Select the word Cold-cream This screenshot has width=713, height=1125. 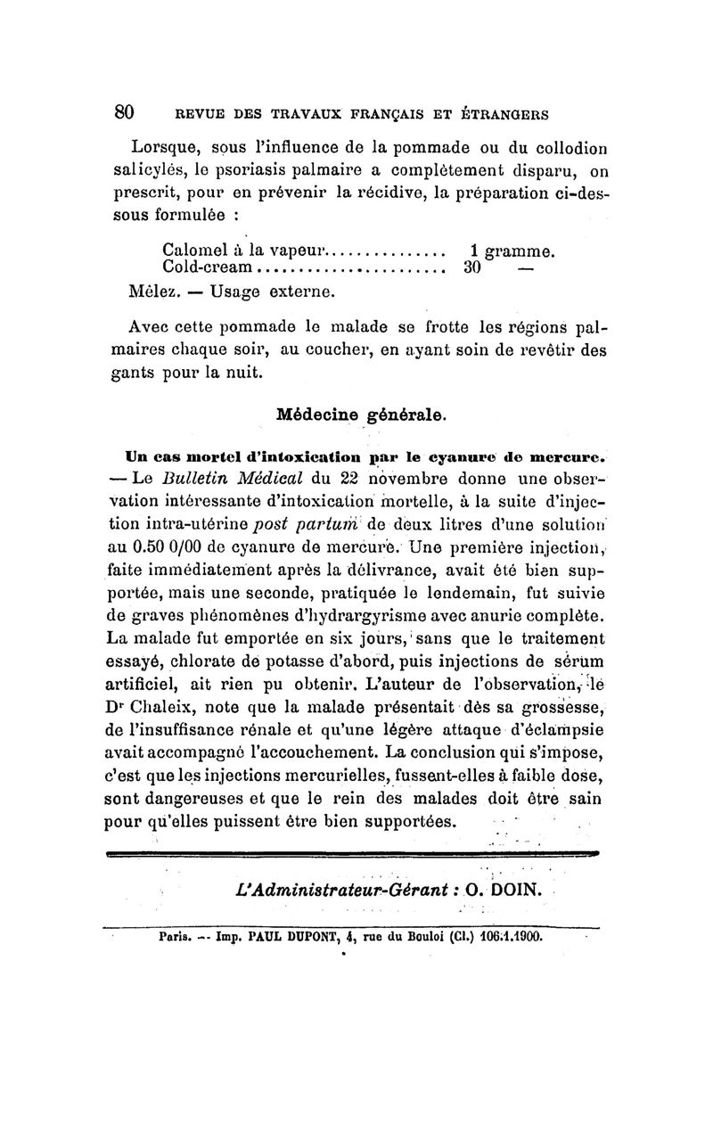(x=209, y=266)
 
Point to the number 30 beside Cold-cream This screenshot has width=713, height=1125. (x=473, y=266)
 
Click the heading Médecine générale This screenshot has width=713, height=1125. (x=362, y=414)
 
